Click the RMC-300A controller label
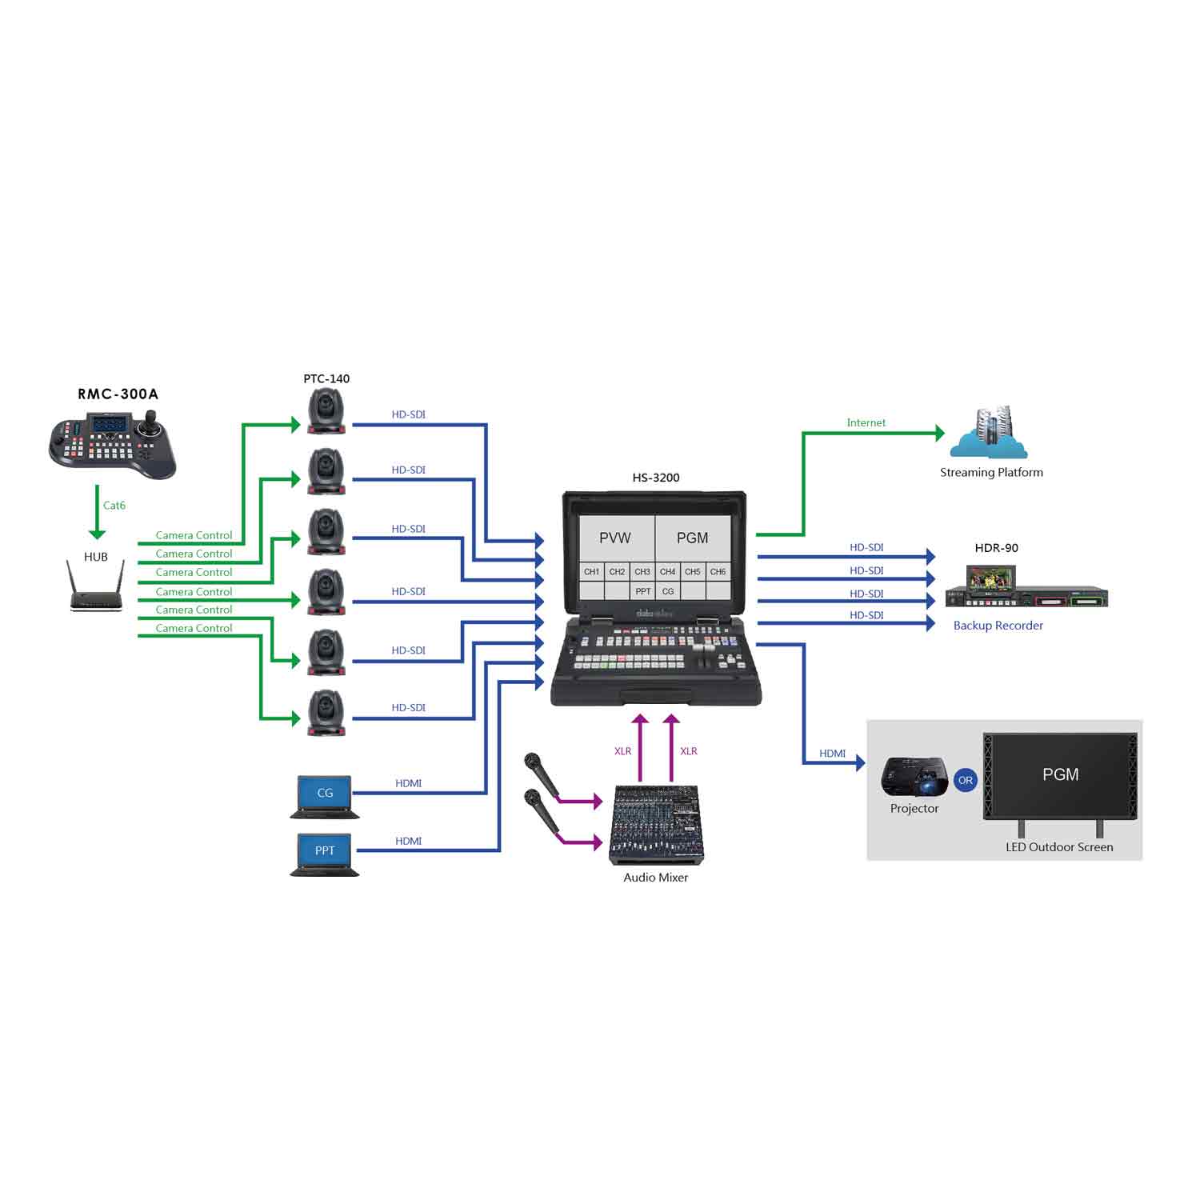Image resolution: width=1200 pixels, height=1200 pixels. click(x=118, y=394)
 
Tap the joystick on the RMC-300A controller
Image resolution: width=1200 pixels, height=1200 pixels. click(x=148, y=425)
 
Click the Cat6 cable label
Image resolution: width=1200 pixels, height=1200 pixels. click(x=114, y=506)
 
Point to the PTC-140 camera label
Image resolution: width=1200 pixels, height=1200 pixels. click(x=326, y=378)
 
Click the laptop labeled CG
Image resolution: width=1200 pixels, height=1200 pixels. click(x=325, y=795)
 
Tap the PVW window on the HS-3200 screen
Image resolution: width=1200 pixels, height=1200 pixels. click(x=615, y=538)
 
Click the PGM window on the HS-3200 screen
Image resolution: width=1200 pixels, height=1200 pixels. click(x=693, y=538)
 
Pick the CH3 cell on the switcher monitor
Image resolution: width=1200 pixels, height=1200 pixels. click(x=642, y=572)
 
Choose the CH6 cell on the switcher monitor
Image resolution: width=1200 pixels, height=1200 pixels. click(x=718, y=572)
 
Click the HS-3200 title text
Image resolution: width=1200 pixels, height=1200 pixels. click(x=656, y=478)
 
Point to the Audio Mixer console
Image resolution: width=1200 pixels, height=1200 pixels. click(x=657, y=824)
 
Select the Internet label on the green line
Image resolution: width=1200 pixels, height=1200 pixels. click(x=866, y=422)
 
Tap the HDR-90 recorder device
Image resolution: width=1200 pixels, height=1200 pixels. click(x=1026, y=589)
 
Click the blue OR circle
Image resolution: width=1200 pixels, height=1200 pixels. click(x=966, y=780)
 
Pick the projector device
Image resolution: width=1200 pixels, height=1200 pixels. click(x=914, y=776)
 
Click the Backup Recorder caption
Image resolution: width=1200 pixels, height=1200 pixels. click(x=998, y=626)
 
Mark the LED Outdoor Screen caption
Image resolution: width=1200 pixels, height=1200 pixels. click(x=1059, y=847)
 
